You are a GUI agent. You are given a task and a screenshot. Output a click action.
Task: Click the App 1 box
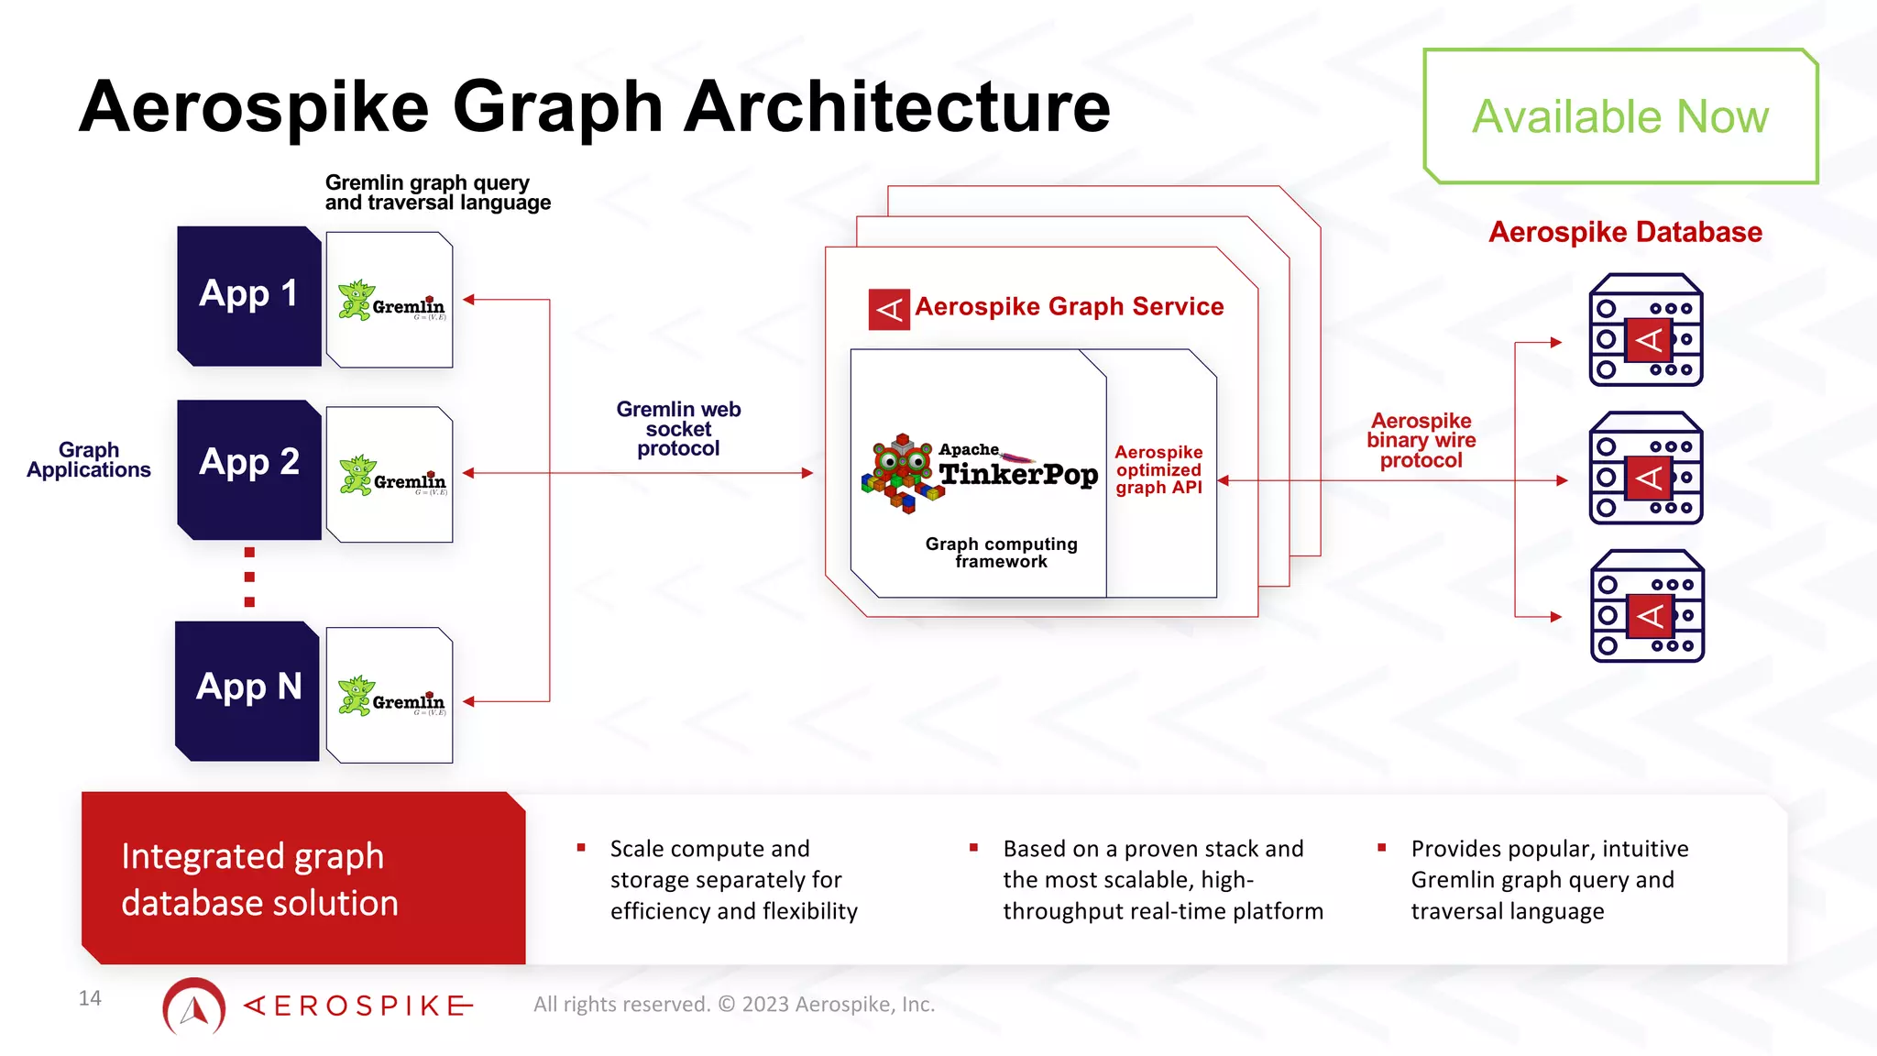(248, 295)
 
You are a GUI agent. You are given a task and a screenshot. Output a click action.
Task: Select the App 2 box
(248, 468)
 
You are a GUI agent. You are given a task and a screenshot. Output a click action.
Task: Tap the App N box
(247, 690)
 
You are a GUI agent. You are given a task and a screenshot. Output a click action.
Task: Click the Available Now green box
(1619, 116)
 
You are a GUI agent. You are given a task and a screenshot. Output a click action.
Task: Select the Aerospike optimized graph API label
(1158, 470)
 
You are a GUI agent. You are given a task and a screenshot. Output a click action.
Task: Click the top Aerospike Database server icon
(1645, 330)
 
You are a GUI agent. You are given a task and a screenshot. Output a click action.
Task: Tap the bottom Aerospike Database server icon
(1647, 606)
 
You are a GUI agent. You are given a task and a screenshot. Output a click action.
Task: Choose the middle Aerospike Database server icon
(1645, 468)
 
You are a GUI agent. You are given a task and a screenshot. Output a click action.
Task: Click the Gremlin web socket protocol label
(678, 429)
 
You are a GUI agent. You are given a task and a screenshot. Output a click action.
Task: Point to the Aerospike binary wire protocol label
(1421, 441)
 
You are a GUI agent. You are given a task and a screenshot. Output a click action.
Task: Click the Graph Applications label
(89, 460)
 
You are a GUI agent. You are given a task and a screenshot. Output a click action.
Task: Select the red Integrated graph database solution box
(303, 878)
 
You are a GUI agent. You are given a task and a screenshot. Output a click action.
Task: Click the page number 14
(90, 998)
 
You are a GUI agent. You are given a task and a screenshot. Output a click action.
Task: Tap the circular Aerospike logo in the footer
(194, 1006)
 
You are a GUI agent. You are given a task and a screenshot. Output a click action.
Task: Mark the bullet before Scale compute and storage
(581, 848)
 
